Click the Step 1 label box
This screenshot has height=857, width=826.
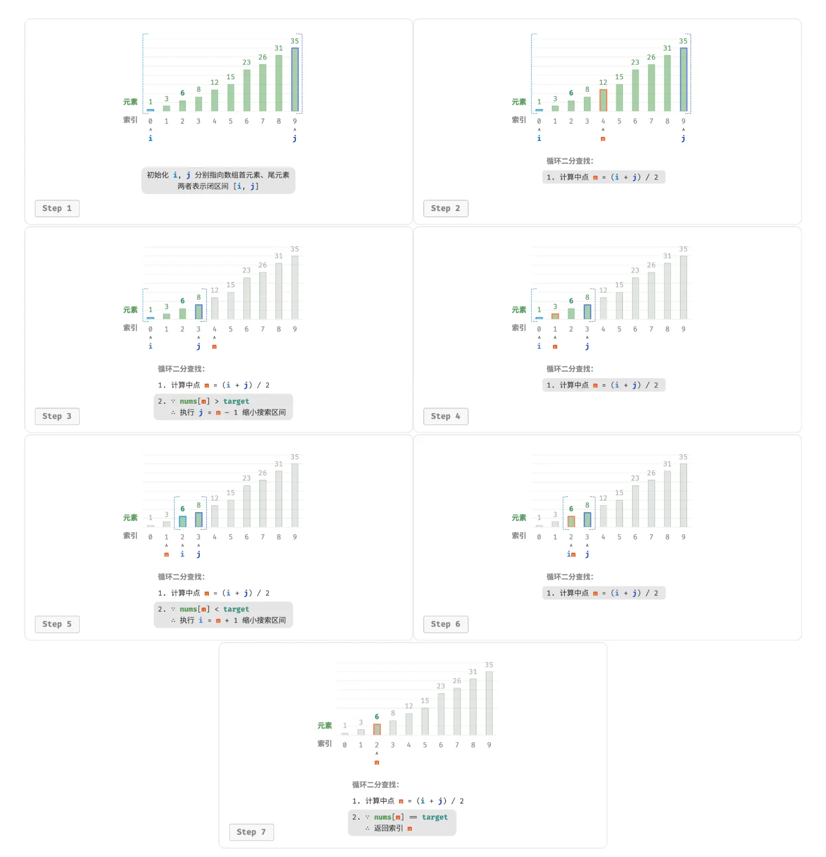(57, 208)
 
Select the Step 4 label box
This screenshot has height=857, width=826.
(445, 416)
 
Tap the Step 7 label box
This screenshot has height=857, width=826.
(251, 832)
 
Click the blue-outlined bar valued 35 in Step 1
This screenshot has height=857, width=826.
(295, 79)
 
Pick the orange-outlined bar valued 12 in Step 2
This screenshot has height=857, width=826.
(603, 100)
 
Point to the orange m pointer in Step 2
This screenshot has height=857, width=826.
(603, 139)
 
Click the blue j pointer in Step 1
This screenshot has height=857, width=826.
(295, 138)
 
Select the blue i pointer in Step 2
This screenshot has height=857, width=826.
(539, 138)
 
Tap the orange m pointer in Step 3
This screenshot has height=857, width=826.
(214, 347)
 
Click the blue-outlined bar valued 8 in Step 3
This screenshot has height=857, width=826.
(199, 312)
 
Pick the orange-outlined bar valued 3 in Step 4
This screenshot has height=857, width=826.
(555, 316)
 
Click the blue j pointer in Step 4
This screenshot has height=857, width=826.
(587, 346)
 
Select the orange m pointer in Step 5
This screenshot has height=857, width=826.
(166, 555)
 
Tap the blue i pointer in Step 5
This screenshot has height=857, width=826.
(182, 554)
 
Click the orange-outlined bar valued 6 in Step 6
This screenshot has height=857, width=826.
(571, 522)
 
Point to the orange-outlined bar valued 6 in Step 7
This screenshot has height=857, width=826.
(377, 729)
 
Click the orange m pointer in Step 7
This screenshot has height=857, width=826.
(377, 763)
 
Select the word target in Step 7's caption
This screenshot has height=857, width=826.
(434, 817)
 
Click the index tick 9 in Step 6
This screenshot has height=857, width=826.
(683, 537)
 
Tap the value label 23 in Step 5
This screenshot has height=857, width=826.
(246, 478)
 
